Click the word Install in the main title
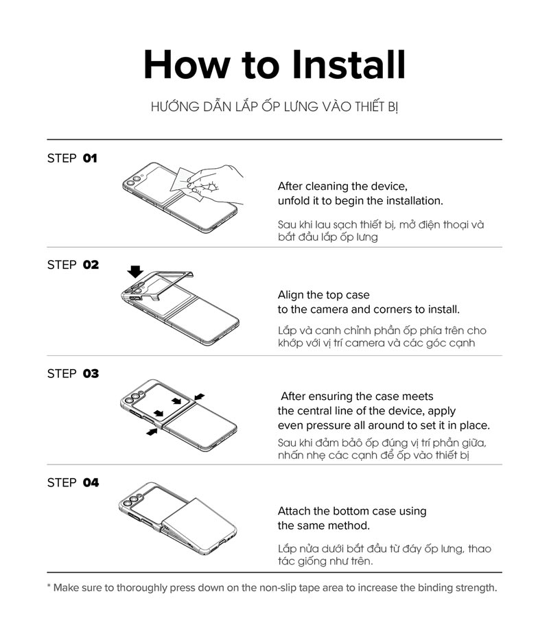(349, 64)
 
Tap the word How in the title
(187, 64)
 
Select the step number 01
(90, 158)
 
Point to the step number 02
(91, 265)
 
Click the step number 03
(91, 373)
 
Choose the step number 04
(91, 482)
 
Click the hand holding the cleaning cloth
(215, 183)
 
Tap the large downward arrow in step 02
(135, 272)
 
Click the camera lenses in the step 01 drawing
(134, 180)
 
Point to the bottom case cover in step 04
(198, 522)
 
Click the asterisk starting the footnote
(49, 586)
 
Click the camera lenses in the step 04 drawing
(132, 500)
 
